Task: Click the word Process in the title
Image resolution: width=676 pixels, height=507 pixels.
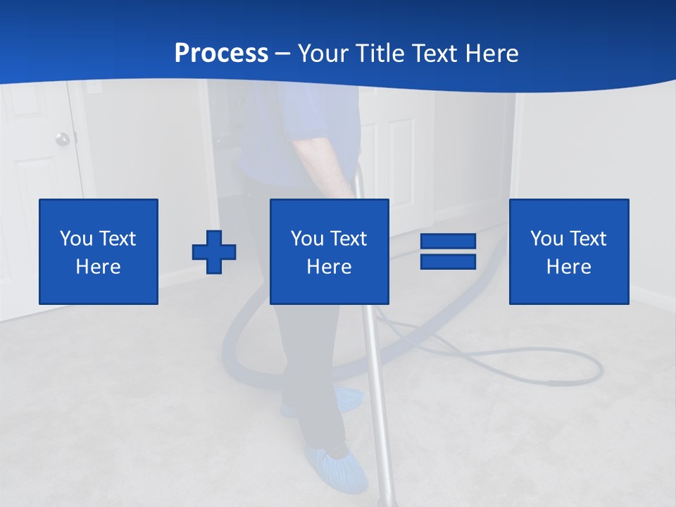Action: click(x=221, y=54)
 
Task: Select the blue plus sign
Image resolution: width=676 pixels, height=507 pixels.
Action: click(x=214, y=251)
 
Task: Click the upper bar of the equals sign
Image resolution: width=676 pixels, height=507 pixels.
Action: click(x=448, y=242)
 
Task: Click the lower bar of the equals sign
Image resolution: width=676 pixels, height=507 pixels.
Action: click(x=448, y=261)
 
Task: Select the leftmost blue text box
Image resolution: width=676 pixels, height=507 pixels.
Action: click(x=98, y=251)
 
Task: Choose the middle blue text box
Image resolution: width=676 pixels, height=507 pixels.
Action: click(x=329, y=251)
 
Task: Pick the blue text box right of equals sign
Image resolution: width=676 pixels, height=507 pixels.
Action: click(x=568, y=251)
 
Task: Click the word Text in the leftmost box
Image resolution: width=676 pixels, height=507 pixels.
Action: click(x=117, y=239)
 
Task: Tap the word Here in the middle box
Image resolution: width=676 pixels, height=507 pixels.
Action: click(x=329, y=267)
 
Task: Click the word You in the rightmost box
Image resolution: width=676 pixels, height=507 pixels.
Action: click(x=546, y=239)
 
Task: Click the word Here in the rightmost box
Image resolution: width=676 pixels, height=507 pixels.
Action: click(x=568, y=267)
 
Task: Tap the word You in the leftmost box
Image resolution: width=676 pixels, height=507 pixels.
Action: click(x=76, y=239)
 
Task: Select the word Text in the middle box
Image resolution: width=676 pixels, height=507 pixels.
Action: click(x=348, y=239)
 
